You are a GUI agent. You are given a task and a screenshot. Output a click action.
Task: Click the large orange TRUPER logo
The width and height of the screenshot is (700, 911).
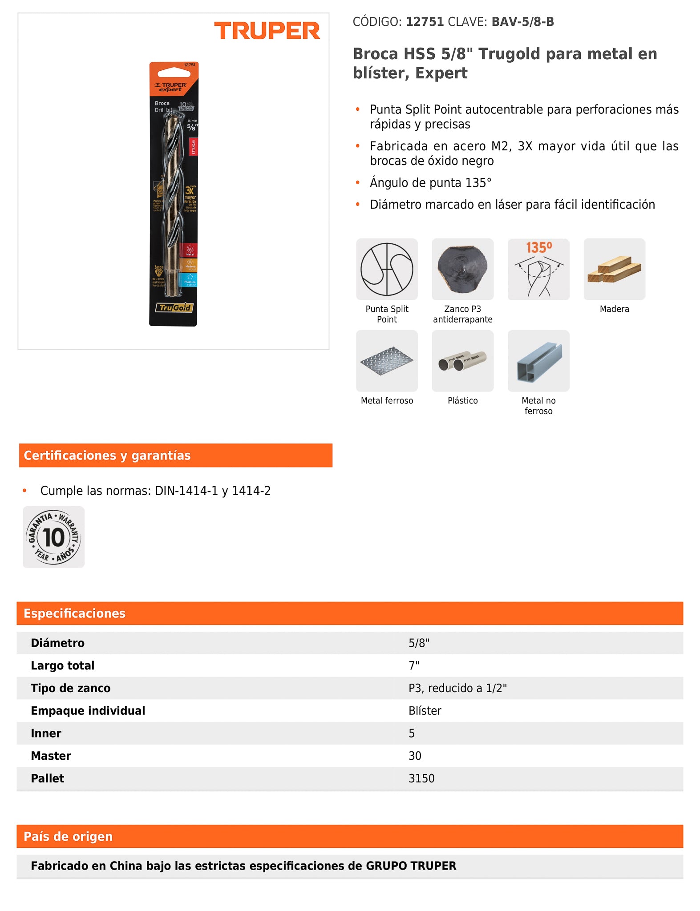267,31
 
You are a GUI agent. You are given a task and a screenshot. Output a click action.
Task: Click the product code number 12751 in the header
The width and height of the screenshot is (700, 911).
425,22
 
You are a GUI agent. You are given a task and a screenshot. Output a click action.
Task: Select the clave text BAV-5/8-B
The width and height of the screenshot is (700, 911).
522,22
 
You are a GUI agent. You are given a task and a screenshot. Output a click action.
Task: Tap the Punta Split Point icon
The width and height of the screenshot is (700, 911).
387,269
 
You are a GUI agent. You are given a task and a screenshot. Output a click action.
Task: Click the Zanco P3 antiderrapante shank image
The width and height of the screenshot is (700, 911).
462,269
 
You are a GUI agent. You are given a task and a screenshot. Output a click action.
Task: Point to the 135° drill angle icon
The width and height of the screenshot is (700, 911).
538,269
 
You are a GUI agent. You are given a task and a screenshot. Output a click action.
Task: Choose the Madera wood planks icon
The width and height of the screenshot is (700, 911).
614,269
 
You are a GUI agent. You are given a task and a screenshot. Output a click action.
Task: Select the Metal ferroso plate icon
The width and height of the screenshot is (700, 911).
387,361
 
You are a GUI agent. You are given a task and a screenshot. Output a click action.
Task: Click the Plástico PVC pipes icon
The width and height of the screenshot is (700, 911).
462,361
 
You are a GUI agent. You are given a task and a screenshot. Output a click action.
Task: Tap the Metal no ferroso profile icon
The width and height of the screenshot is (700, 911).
538,361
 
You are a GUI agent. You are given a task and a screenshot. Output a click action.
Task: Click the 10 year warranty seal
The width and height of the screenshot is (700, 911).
54,537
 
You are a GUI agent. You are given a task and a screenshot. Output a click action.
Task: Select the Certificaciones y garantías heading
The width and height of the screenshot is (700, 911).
107,455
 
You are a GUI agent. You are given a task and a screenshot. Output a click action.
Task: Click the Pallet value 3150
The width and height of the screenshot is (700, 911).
421,778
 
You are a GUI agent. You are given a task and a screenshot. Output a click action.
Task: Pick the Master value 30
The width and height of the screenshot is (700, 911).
415,756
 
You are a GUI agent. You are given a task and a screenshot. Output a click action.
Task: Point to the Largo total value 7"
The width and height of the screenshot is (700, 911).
414,665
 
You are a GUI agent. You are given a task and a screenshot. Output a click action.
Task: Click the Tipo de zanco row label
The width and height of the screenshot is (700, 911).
71,688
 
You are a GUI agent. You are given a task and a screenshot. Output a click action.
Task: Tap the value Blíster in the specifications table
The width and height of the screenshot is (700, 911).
425,711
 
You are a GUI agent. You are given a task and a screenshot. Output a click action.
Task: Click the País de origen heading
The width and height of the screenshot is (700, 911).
68,837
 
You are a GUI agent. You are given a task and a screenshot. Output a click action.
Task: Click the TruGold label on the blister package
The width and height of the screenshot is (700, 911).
174,307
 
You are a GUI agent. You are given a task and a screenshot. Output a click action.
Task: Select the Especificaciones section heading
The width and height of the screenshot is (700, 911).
75,613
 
